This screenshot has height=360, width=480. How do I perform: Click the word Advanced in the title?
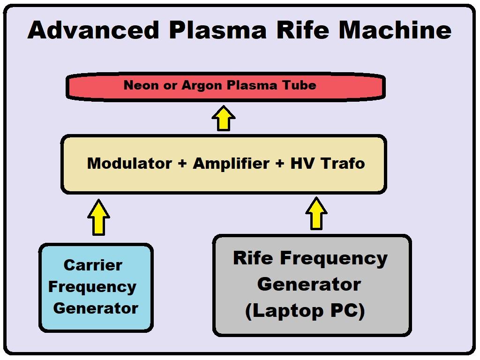tap(93, 30)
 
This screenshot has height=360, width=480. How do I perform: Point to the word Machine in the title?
tap(395, 30)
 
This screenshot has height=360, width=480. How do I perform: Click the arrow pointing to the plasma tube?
tap(224, 118)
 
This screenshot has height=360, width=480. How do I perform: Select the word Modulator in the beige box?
tap(129, 163)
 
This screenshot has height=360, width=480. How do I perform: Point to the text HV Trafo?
tap(327, 163)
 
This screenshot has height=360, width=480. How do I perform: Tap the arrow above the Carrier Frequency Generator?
tap(98, 217)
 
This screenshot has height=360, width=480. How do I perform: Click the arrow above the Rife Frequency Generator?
tap(316, 214)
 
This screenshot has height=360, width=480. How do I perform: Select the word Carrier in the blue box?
tap(93, 265)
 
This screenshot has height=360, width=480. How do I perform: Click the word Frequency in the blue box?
tap(92, 287)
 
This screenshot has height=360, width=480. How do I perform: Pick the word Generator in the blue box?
tap(96, 308)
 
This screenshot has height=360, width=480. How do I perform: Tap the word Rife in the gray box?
tap(253, 258)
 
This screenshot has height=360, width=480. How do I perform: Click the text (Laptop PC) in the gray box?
tap(305, 310)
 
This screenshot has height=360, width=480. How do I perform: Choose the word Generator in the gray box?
tap(309, 284)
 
